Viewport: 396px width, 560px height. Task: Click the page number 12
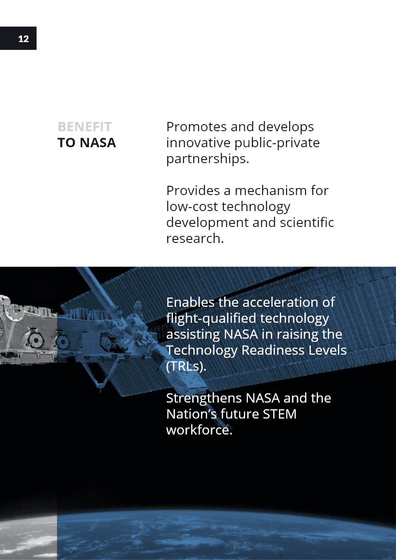[x=24, y=39]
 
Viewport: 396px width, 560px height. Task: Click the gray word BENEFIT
[x=84, y=127]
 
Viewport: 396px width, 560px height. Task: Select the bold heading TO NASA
[x=87, y=143]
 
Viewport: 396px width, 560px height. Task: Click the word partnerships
[x=208, y=159]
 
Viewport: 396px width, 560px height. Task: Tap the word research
[x=195, y=238]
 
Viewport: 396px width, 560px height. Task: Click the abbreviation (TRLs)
[x=186, y=366]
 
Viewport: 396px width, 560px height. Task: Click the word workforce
[x=199, y=430]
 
